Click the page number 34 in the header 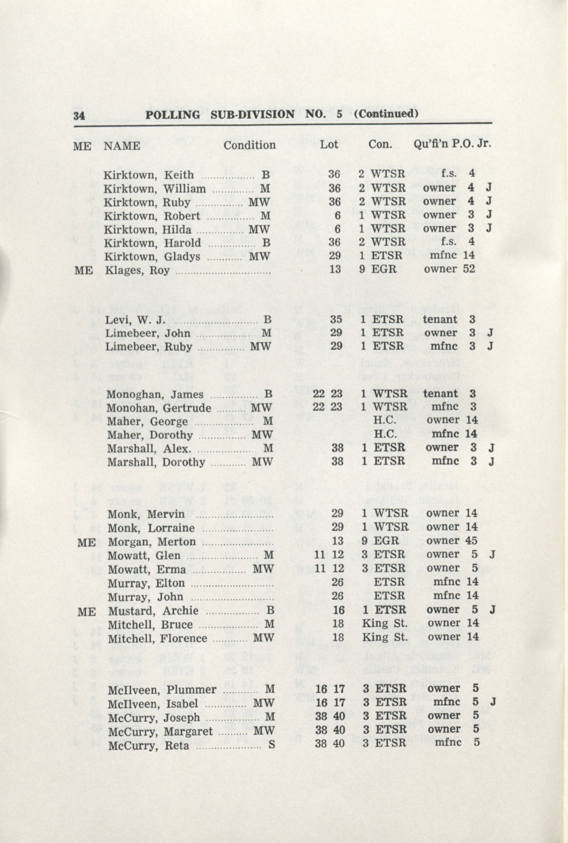coord(79,116)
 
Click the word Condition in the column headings coord(249,145)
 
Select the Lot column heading coord(329,144)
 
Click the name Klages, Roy coord(137,270)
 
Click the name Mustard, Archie coord(153,611)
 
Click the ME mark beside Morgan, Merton coord(86,542)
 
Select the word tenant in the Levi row coord(440,320)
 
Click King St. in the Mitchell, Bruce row coord(385,624)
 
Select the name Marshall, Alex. coord(149,449)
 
